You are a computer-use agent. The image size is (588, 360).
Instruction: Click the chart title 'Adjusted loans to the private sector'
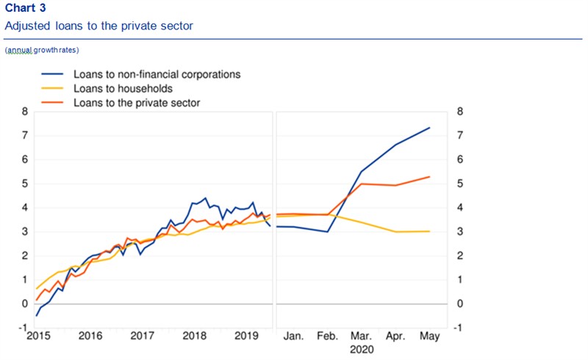point(98,26)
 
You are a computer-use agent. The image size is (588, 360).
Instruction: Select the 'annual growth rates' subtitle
point(42,50)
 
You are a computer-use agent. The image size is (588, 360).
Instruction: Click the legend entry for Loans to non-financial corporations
point(157,74)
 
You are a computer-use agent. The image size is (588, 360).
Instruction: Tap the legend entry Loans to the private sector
point(137,103)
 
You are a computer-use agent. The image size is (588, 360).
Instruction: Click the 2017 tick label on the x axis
point(142,336)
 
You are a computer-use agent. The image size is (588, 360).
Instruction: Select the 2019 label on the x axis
point(247,336)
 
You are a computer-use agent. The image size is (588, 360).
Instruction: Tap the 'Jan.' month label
point(293,336)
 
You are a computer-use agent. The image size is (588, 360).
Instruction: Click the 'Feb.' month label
point(327,336)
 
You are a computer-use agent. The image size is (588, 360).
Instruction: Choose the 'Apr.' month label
point(395,336)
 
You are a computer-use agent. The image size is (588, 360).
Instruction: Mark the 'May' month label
point(429,336)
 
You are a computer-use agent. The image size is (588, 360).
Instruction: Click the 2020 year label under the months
point(362,350)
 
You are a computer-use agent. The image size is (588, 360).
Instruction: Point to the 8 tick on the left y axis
point(24,112)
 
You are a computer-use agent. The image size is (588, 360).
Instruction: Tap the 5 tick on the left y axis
point(24,184)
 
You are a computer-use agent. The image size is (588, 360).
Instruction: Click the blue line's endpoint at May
point(429,128)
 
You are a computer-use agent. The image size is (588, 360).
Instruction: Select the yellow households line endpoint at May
point(429,231)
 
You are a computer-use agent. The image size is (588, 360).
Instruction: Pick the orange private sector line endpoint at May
point(429,176)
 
